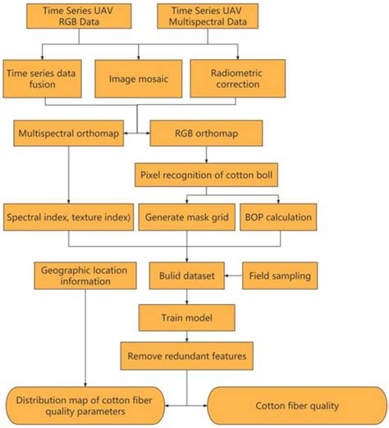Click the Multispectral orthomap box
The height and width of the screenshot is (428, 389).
pos(66,132)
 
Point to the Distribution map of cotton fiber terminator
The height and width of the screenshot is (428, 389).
pos(91,403)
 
